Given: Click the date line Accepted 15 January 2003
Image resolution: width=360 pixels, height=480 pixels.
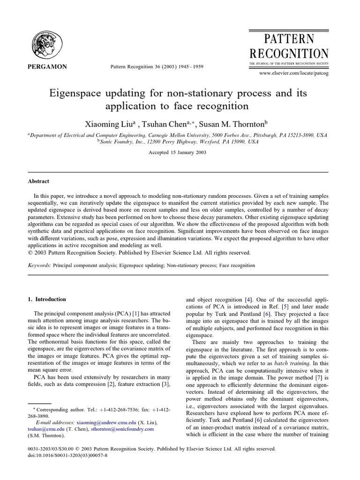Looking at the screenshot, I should coord(177,152).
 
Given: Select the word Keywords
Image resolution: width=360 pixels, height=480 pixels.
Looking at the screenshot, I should coord(39,265).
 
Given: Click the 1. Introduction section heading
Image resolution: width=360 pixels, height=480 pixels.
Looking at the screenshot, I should coord(47,299).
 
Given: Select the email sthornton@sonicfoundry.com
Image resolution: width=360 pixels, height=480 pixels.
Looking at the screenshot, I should coord(117,428).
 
